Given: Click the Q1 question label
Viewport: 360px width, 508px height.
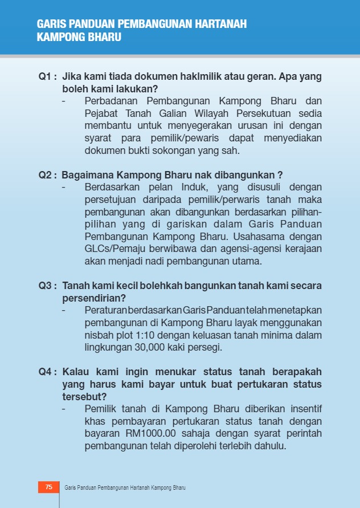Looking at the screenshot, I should pyautogui.click(x=47, y=76).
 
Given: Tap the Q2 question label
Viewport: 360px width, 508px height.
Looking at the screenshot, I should pyautogui.click(x=47, y=175).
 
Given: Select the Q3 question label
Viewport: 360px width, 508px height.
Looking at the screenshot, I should pyautogui.click(x=47, y=286).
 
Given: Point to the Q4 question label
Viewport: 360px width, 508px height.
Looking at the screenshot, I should pyautogui.click(x=47, y=372).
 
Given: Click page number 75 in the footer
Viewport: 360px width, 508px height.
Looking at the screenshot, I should pyautogui.click(x=48, y=487).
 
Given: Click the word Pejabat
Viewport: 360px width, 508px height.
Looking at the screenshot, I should pyautogui.click(x=101, y=113).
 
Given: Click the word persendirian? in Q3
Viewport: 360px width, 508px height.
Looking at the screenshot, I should pyautogui.click(x=94, y=298).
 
